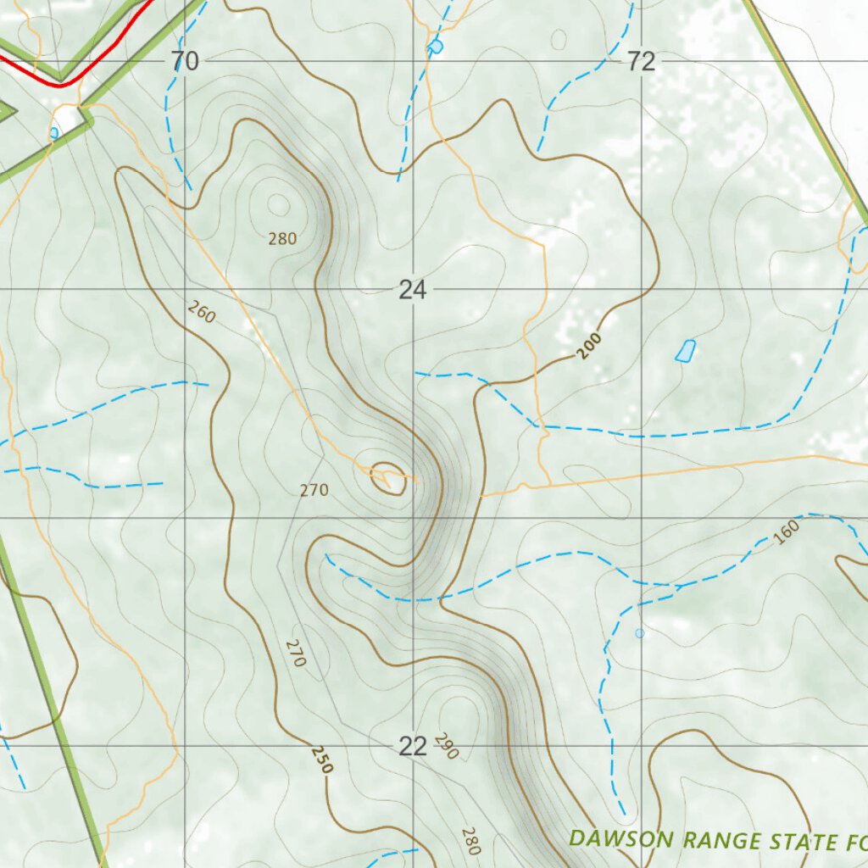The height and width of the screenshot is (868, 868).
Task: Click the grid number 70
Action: (184, 62)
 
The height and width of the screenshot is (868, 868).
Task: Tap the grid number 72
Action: (642, 62)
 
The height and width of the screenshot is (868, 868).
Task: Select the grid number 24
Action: (413, 291)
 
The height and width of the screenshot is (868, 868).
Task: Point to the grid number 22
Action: (413, 747)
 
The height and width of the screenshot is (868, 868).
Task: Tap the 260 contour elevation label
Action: (202, 313)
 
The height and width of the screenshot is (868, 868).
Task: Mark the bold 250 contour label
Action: (322, 759)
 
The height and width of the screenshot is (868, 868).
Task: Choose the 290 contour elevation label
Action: (446, 746)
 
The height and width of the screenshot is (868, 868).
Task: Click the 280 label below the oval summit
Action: (282, 239)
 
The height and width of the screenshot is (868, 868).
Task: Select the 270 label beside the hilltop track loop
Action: (314, 490)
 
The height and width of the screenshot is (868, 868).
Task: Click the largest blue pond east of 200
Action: (686, 351)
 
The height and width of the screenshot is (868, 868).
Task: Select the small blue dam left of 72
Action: (436, 47)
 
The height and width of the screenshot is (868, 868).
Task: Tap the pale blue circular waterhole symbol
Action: (639, 633)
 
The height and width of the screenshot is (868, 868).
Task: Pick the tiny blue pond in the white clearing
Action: (54, 132)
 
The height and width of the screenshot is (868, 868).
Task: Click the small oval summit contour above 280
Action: (278, 204)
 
